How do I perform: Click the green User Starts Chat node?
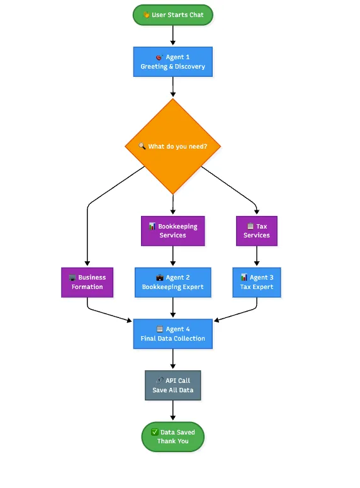pos(173,15)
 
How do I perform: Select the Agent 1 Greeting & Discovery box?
pos(173,62)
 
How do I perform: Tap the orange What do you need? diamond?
pos(173,146)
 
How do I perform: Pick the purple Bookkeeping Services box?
pos(173,231)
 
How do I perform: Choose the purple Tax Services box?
pos(257,231)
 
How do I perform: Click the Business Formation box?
pos(87,282)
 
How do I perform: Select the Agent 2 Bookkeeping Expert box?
pos(173,282)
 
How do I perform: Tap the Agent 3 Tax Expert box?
pos(257,282)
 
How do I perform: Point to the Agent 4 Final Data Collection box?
pos(173,334)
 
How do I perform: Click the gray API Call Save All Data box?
pos(173,385)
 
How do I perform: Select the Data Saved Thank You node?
pos(173,436)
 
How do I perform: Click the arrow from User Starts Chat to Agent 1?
pos(173,35)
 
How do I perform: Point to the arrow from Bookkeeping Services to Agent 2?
pos(173,256)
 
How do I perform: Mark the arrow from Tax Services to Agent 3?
pos(257,256)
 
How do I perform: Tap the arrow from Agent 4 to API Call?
pos(173,359)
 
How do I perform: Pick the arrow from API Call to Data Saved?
pos(173,410)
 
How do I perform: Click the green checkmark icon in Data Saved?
pos(155,432)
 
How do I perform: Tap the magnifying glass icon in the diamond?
pos(142,146)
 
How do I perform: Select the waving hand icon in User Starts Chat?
pos(146,14)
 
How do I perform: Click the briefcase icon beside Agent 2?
pos(160,277)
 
